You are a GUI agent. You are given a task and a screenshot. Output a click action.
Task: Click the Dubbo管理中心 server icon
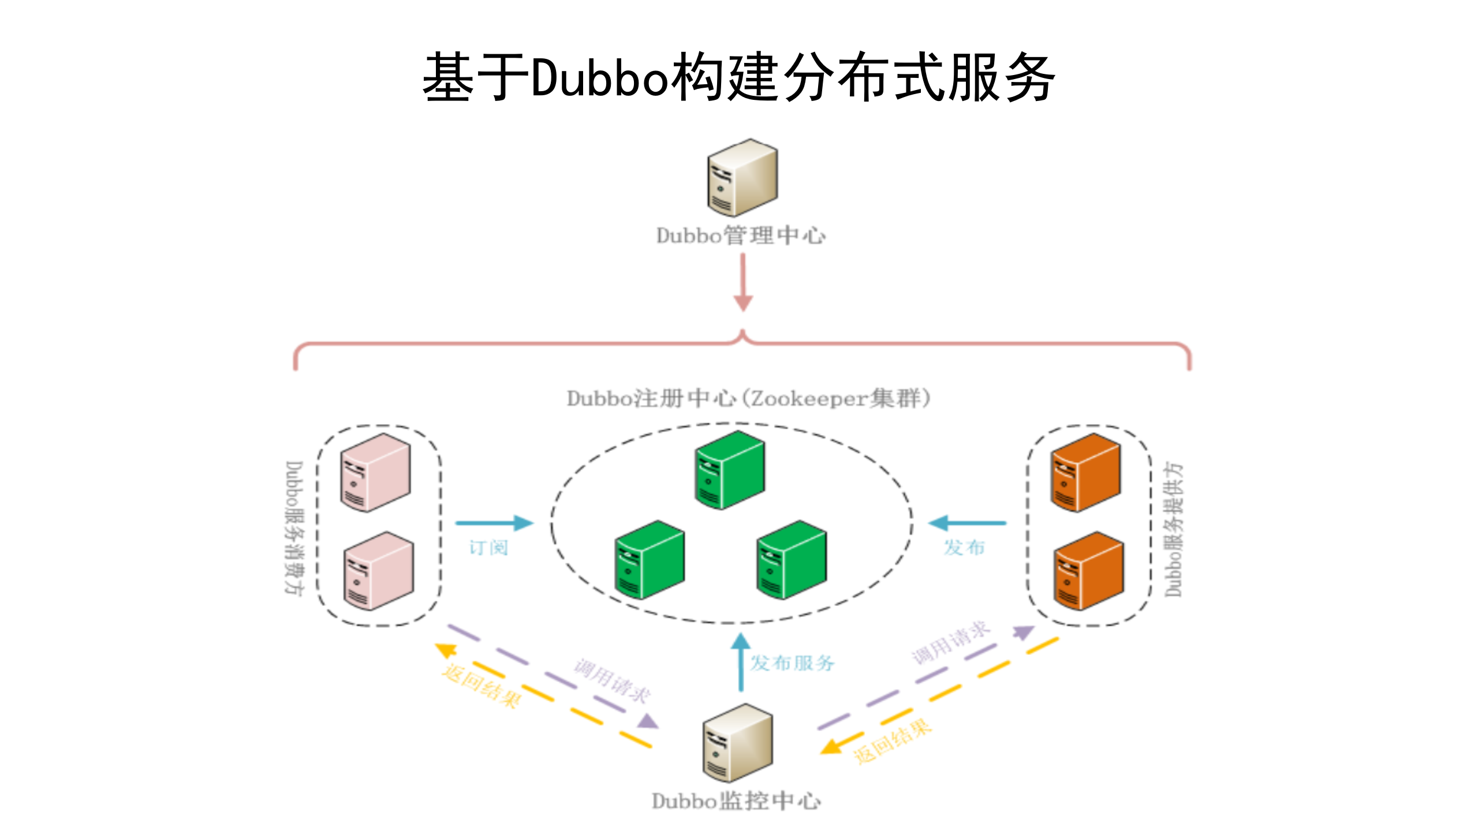coord(742,177)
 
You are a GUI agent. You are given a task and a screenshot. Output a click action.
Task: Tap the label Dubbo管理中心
coord(741,236)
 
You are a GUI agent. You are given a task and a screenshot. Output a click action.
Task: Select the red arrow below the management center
coord(743,283)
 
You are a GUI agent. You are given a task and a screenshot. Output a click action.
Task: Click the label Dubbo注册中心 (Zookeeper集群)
coord(748,398)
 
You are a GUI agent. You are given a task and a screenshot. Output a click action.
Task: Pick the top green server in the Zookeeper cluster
coord(730,470)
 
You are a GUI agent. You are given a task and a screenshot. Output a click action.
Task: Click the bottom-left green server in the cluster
coord(650,560)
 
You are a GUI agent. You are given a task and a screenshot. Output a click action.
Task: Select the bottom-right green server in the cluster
coord(791,560)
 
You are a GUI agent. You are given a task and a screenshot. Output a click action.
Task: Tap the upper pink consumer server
coord(375,473)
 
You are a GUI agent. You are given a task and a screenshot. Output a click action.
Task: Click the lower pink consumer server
coord(379,571)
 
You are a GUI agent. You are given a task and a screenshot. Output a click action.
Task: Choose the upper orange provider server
coord(1085,473)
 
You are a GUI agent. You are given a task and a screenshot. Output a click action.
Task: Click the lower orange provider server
coord(1089,571)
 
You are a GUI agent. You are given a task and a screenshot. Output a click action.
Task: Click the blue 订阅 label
coord(488,547)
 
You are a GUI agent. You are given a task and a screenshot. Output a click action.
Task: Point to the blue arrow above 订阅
coord(494,523)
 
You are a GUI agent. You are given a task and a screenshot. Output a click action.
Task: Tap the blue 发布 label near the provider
coord(964,547)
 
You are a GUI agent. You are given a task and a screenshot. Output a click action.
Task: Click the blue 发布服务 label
coord(792,663)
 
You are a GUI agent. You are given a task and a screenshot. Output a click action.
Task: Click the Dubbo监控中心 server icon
coord(737,743)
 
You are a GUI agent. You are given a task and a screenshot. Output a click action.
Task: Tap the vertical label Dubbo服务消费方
coord(294,527)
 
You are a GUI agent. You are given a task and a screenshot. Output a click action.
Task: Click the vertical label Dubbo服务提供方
coord(1173,529)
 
